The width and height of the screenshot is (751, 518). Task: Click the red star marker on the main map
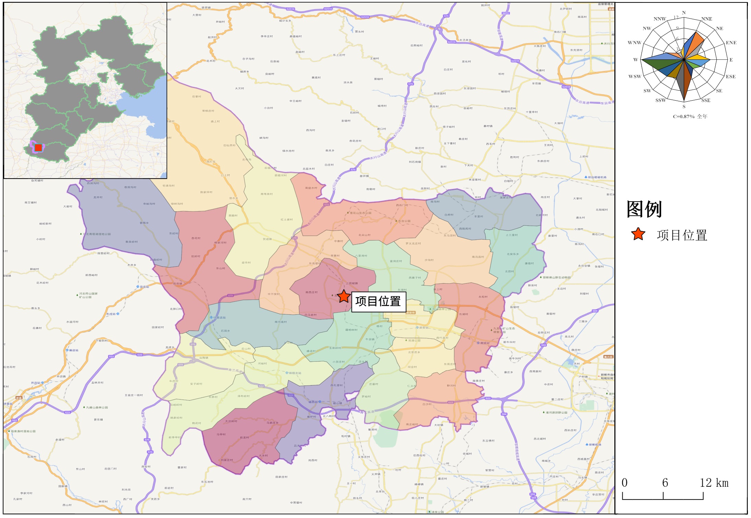pyautogui.click(x=344, y=296)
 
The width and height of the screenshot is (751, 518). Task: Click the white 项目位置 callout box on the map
pyautogui.click(x=378, y=301)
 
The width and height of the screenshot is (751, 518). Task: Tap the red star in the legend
pyautogui.click(x=638, y=234)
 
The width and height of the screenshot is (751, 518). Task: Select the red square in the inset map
pyautogui.click(x=38, y=147)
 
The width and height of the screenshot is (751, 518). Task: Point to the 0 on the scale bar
pyautogui.click(x=625, y=483)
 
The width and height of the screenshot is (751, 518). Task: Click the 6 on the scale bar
pyautogui.click(x=665, y=483)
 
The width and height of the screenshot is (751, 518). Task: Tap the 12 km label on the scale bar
pyautogui.click(x=714, y=483)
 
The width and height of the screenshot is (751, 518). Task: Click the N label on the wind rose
pyautogui.click(x=684, y=13)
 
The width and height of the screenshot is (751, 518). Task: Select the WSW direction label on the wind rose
pyautogui.click(x=635, y=76)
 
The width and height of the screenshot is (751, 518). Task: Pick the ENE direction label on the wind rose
pyautogui.click(x=731, y=43)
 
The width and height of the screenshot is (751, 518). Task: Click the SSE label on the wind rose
pyautogui.click(x=706, y=100)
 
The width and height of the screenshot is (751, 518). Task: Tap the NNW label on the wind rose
pyautogui.click(x=660, y=19)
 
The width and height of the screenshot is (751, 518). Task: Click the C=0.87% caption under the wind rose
pyautogui.click(x=690, y=116)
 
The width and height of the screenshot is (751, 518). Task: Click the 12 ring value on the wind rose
pyautogui.click(x=676, y=18)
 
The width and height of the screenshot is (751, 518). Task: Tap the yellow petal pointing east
pyautogui.click(x=700, y=58)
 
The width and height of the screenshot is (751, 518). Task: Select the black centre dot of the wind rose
pyautogui.click(x=684, y=60)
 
